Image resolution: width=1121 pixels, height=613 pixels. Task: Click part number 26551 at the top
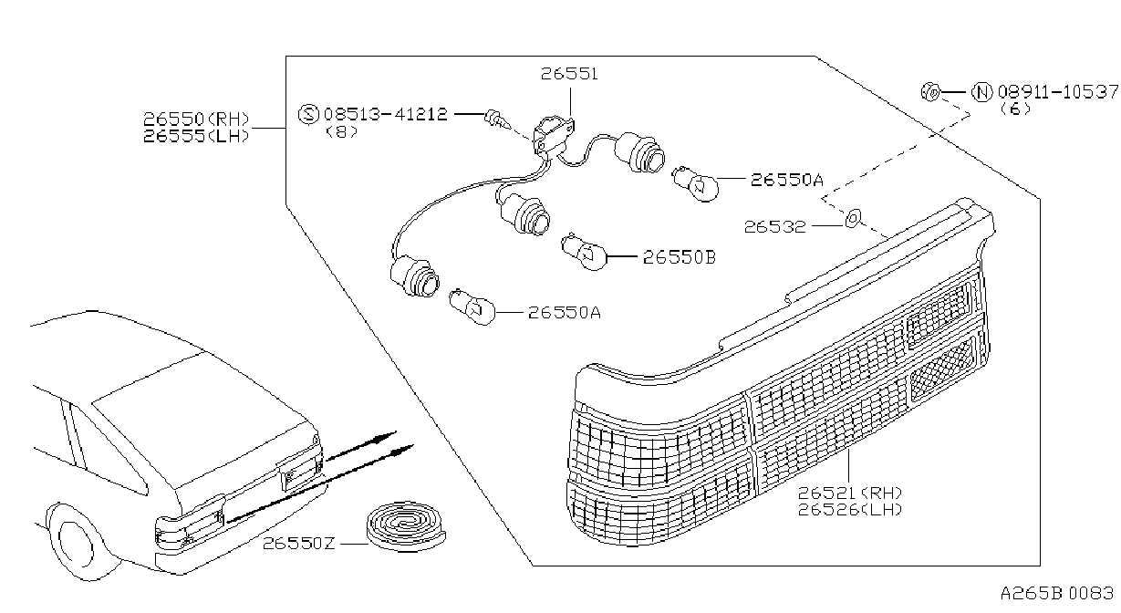(569, 74)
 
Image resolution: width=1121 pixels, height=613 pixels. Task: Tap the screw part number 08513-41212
(385, 114)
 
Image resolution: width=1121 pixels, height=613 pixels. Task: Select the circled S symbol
(308, 114)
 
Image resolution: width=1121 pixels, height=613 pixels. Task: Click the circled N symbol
(981, 92)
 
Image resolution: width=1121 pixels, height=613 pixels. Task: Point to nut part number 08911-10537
(1057, 92)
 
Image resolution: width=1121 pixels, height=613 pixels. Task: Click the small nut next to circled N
(930, 92)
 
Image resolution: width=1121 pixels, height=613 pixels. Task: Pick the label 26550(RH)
(196, 119)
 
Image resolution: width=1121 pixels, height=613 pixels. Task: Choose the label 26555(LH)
(196, 136)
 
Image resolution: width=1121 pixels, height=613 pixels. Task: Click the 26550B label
(680, 257)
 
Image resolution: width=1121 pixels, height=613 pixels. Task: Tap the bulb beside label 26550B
(585, 252)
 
